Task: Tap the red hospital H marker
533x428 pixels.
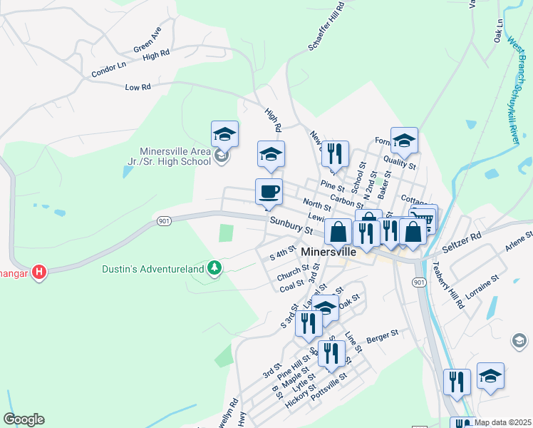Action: (x=40, y=272)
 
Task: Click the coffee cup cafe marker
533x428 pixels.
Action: (x=269, y=192)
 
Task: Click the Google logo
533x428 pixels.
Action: (x=24, y=419)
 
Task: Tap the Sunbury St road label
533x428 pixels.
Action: (x=291, y=226)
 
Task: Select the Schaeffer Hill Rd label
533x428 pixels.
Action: (x=326, y=25)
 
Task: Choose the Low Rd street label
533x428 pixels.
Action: (x=138, y=86)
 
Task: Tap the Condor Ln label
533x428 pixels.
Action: (x=108, y=68)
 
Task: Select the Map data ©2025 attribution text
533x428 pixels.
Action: (x=502, y=422)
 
